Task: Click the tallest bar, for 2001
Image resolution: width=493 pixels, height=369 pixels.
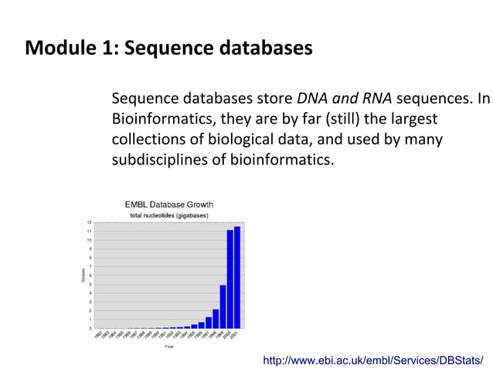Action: pos(237,278)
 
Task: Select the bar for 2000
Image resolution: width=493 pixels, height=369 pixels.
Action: pos(229,279)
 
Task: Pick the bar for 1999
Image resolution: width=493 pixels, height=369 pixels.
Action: pos(223,307)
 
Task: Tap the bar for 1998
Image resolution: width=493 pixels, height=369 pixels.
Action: pos(216,319)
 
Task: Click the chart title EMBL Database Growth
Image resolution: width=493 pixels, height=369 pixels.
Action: pos(169,205)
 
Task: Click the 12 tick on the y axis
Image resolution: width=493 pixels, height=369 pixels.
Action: pos(90,222)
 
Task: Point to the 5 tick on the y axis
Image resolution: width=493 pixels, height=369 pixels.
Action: pos(90,284)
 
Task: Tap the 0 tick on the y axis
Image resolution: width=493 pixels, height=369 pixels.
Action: pos(90,328)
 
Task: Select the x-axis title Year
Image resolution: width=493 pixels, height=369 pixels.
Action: pos(168,347)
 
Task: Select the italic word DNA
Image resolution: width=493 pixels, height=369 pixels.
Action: pos(311,100)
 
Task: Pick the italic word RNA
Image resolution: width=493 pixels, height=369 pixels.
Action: pos(375,100)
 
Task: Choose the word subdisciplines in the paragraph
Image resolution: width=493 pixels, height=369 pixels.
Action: pos(160,160)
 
